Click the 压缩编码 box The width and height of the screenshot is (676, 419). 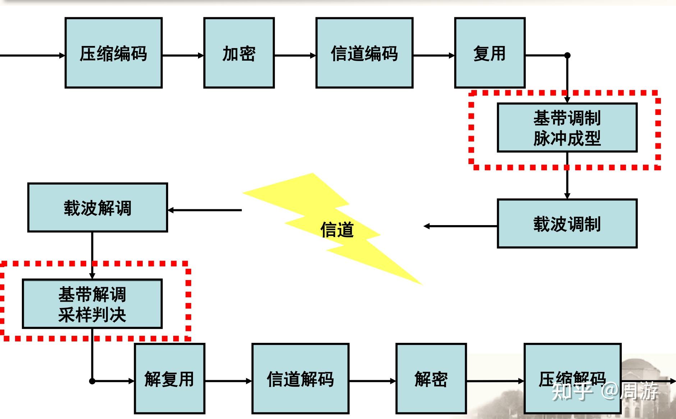pos(113,53)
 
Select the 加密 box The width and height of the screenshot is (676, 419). pos(239,53)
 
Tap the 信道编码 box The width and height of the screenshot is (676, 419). pos(364,53)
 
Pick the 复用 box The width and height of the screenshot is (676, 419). pos(489,53)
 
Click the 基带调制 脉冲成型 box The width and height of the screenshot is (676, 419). pos(567,127)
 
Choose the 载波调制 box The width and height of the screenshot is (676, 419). pos(567,223)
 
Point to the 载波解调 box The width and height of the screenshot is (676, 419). pos(97,208)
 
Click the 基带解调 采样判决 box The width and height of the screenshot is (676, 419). pos(92,304)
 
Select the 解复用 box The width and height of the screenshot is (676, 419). pos(169,378)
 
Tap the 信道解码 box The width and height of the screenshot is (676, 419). pos(300,378)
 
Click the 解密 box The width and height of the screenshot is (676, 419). pos(431,378)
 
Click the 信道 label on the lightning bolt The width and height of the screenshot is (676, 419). pos(337,230)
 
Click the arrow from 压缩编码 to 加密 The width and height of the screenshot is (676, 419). pos(183,56)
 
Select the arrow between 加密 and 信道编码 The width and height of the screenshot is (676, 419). pos(295,56)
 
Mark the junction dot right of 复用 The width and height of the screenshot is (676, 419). pos(567,55)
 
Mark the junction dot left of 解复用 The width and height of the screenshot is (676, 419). pos(92,381)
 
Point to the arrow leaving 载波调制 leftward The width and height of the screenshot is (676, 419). pos(460,226)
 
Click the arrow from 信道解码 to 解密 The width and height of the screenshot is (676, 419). pos(372,381)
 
